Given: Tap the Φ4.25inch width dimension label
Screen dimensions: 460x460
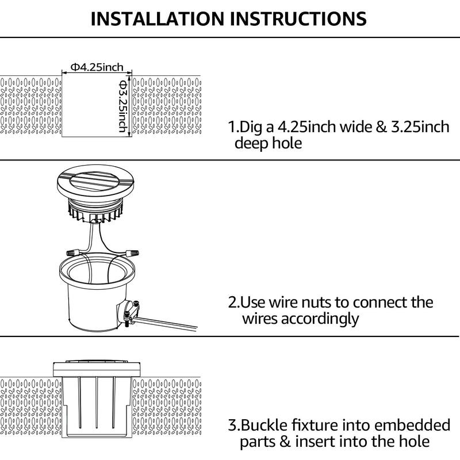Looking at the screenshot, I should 97,67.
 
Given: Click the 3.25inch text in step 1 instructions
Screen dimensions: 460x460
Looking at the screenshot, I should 420,127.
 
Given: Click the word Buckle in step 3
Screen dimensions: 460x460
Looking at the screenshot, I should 265,425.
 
